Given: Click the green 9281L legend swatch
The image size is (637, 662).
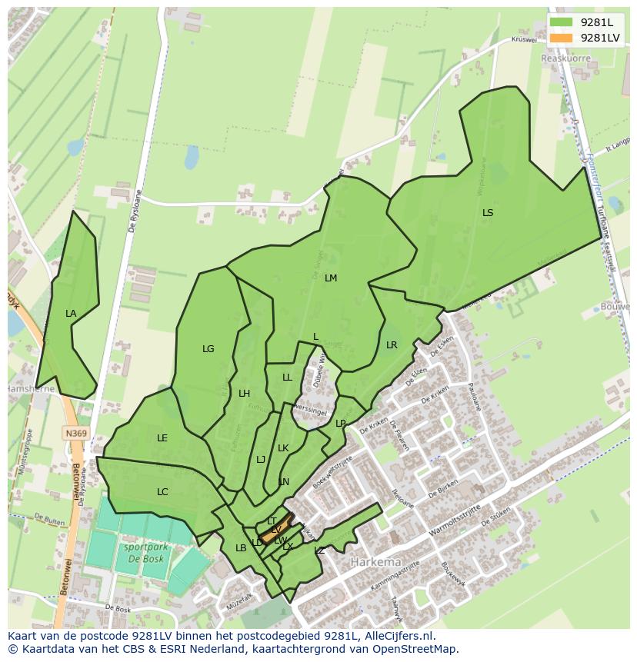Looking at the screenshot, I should [562, 22].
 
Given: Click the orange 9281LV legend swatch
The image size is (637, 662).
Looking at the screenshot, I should [562, 38].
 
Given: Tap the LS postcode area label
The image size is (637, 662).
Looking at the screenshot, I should [488, 213].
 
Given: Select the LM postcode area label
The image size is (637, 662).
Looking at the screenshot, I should [331, 278].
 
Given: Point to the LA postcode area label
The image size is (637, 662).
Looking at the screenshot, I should [71, 314].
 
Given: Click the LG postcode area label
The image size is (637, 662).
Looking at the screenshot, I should [208, 349].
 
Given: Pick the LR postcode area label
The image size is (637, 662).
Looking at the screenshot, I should [392, 345].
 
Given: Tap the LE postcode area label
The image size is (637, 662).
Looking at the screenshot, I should [162, 438].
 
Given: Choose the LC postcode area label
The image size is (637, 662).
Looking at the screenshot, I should [162, 492].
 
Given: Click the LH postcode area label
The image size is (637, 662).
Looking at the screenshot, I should [244, 394].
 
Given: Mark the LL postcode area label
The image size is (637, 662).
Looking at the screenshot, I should [287, 378].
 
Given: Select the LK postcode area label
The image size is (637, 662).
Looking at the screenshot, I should [283, 448].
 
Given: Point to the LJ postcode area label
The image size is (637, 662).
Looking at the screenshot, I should [261, 460].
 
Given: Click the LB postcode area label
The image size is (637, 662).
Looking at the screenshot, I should [241, 547].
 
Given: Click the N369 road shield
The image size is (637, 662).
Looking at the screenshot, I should [75, 434].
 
